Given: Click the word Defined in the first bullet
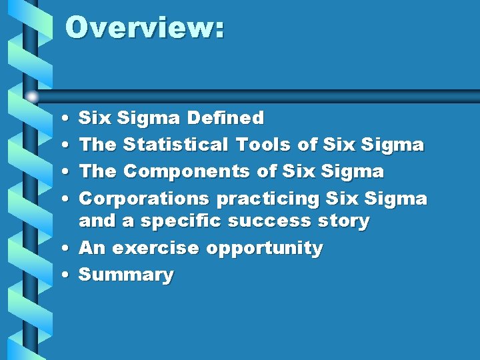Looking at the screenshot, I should (225, 119).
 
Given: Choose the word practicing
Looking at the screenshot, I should (267, 199).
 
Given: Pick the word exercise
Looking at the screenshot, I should (155, 249).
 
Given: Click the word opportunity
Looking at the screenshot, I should (264, 249).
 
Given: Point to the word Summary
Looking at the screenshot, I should (126, 275).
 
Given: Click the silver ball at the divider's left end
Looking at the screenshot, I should (32, 97).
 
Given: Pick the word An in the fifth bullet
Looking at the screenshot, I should (92, 249).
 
